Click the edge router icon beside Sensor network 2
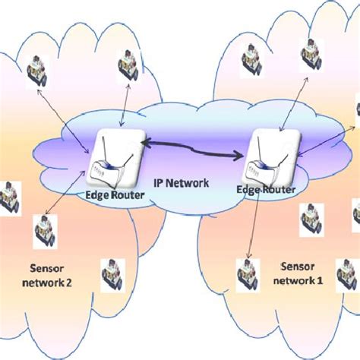[x=116, y=159]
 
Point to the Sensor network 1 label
[x=298, y=273]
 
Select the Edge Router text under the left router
[x=114, y=194]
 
